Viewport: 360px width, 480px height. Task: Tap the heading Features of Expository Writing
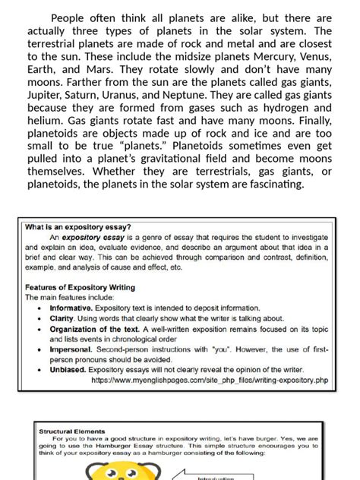pyautogui.click(x=80, y=288)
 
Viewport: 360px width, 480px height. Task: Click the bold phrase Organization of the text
pyautogui.click(x=95, y=330)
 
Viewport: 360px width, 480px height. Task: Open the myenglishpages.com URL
pyautogui.click(x=210, y=380)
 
